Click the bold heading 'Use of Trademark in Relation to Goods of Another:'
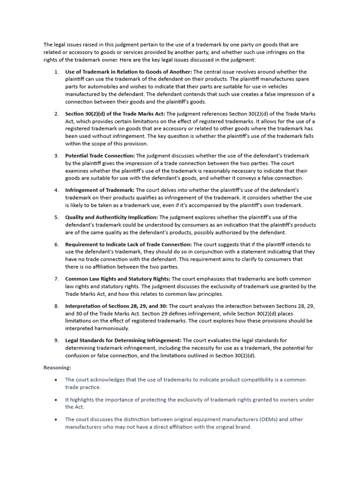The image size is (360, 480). [x=128, y=72]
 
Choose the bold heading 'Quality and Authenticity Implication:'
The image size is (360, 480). [x=112, y=217]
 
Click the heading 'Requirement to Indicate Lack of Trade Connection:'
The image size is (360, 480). [x=128, y=244]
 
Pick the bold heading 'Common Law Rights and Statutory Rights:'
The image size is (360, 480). [x=118, y=279]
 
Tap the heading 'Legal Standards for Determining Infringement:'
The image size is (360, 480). [x=123, y=340]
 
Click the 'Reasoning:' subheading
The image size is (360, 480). [x=57, y=367]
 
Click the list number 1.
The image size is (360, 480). [x=56, y=72]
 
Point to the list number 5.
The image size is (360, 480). [x=56, y=217]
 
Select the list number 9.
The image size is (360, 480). [x=56, y=340]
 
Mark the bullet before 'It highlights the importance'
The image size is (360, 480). [x=56, y=400]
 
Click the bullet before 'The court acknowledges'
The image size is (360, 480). [x=56, y=380]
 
